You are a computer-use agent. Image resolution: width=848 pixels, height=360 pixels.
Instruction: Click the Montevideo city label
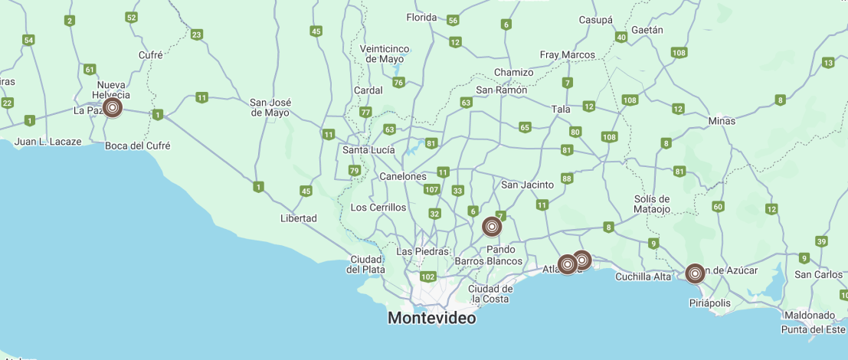point(431,317)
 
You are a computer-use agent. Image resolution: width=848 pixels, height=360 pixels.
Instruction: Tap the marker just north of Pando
point(493,227)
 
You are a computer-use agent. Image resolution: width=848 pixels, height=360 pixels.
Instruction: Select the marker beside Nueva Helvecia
point(113,108)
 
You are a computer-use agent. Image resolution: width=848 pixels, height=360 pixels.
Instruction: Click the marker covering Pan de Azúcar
point(695,273)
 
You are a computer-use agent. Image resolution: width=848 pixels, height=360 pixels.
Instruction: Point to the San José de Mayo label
point(270,107)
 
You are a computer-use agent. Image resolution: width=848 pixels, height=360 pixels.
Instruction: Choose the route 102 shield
point(427,277)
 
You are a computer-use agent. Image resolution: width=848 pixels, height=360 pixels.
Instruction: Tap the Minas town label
point(722,121)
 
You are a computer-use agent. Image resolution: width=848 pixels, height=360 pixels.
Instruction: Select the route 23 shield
point(197,34)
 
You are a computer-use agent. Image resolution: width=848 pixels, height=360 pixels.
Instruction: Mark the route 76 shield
point(398,83)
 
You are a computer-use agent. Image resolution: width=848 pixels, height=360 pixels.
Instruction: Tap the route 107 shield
point(431,190)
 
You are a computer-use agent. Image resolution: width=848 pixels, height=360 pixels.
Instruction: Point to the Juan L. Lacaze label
point(48,142)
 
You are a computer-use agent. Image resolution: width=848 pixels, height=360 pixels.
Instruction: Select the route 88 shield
point(567,178)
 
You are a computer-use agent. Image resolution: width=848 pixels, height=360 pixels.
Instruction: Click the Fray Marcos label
point(568,54)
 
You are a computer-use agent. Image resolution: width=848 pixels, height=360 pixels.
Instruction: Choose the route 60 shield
point(718,206)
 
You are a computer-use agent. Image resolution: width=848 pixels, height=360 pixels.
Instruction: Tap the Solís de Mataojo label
point(653,204)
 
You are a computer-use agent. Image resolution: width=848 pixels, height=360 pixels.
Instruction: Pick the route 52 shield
point(132,17)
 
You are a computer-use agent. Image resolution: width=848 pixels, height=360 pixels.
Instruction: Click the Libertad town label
point(299,218)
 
